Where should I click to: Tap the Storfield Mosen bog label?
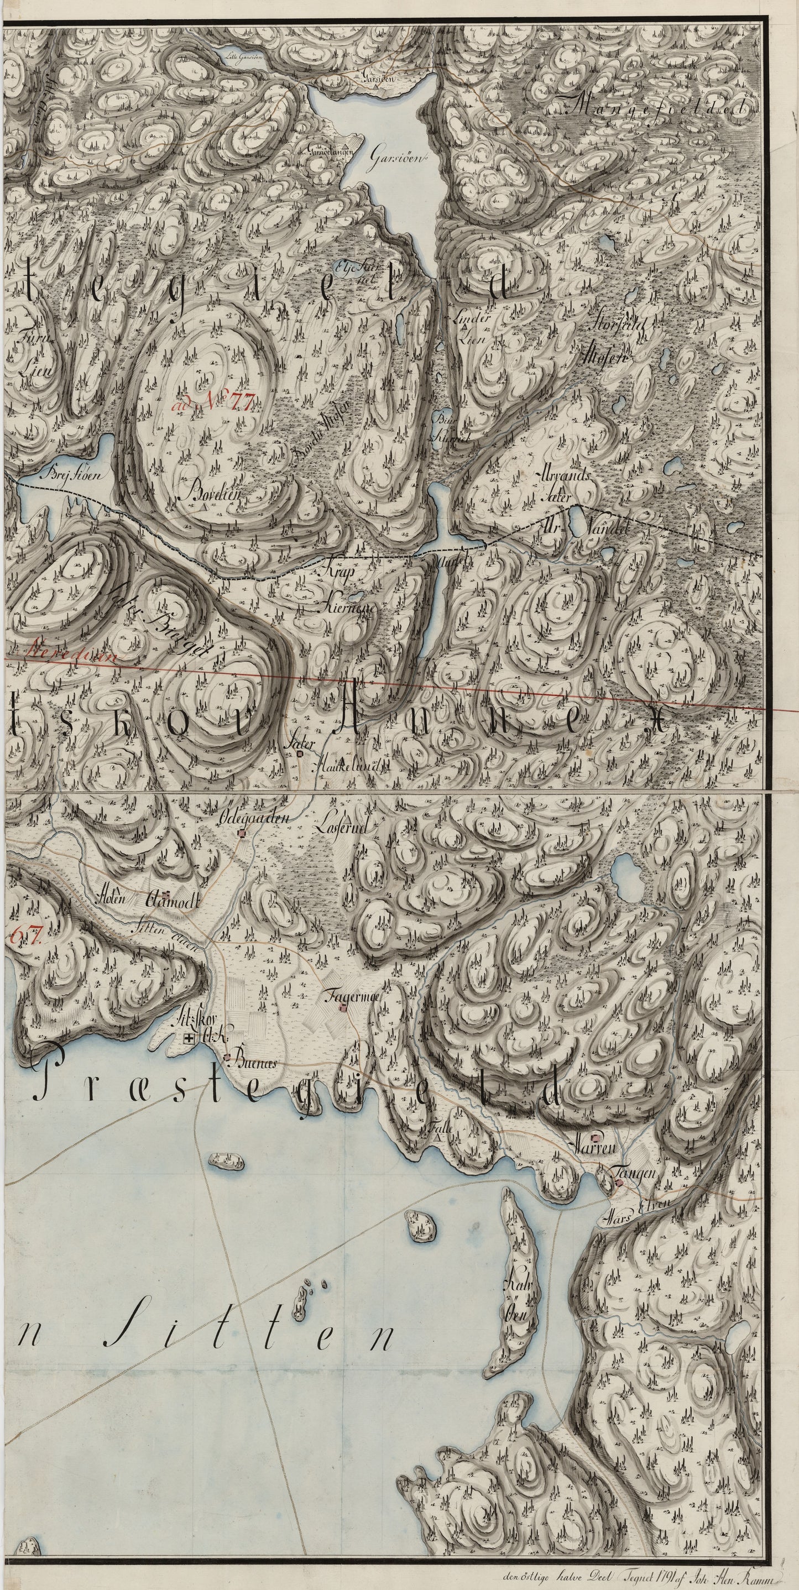(x=604, y=346)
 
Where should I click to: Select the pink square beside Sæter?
(x=300, y=753)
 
